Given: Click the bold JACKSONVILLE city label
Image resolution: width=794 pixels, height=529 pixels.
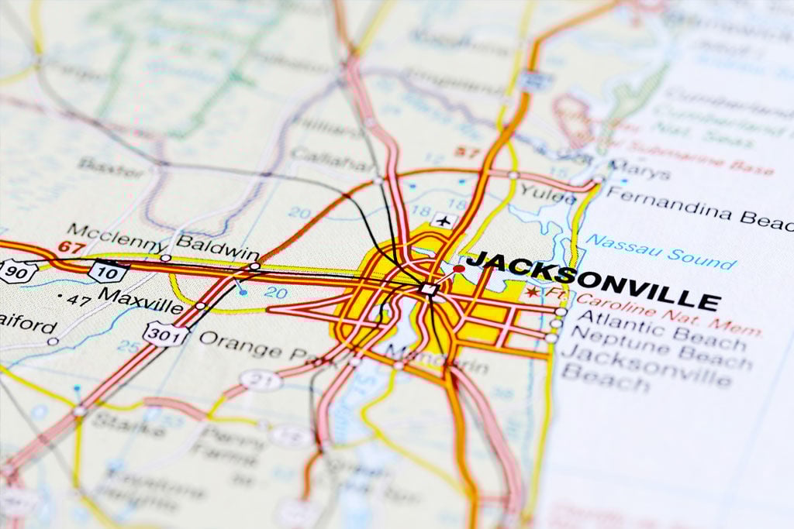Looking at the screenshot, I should pyautogui.click(x=593, y=280).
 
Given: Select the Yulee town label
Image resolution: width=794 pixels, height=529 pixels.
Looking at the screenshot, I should pyautogui.click(x=547, y=194).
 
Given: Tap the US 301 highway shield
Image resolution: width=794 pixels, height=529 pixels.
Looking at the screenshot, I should pyautogui.click(x=164, y=335).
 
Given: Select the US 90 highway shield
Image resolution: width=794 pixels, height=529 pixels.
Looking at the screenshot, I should pyautogui.click(x=17, y=270).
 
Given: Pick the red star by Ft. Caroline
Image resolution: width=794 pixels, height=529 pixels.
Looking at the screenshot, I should pyautogui.click(x=532, y=292).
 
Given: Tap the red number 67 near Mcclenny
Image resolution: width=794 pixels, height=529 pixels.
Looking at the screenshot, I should pyautogui.click(x=71, y=247).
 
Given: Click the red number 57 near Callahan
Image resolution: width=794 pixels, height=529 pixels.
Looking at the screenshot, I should pyautogui.click(x=467, y=152).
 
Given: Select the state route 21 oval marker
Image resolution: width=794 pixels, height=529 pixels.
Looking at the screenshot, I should pyautogui.click(x=261, y=380).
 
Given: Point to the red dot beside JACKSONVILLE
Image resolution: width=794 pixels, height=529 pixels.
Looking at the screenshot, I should pyautogui.click(x=459, y=269).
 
